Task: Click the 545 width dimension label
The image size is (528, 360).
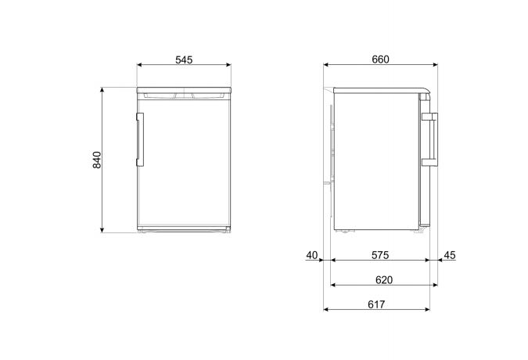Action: click(184, 59)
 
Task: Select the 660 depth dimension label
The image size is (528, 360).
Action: click(380, 59)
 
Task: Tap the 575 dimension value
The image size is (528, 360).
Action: click(380, 255)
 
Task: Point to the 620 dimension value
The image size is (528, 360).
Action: click(383, 279)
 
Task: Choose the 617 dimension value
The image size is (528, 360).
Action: click(377, 304)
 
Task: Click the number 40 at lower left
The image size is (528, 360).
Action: click(312, 255)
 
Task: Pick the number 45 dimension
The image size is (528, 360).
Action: click(449, 255)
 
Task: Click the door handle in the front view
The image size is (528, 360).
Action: click(139, 140)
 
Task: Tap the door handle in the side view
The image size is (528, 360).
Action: click(429, 140)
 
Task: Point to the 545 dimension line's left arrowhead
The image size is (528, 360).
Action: click(138, 66)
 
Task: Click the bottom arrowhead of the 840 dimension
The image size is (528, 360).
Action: click(102, 231)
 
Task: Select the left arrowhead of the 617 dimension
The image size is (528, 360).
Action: click(325, 309)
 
